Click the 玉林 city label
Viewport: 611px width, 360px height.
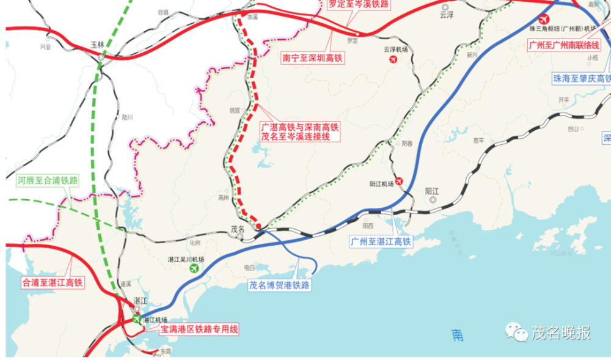[x=98, y=45]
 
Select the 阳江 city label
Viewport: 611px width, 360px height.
[x=433, y=190]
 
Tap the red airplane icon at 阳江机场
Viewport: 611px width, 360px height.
[x=399, y=182]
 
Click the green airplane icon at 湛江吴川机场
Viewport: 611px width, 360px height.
[x=195, y=268]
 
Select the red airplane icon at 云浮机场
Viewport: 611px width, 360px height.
[x=393, y=59]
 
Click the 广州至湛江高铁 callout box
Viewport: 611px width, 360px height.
[x=382, y=241]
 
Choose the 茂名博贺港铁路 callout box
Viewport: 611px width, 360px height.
[x=280, y=285]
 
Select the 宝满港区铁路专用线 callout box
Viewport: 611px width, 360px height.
[x=199, y=329]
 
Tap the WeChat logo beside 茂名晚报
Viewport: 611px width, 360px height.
[x=516, y=332]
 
